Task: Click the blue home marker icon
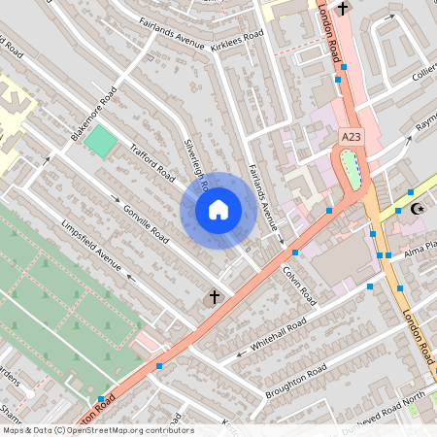218,209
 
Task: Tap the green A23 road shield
352,139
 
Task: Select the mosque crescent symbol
419,209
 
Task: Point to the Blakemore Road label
94,113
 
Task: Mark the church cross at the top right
342,8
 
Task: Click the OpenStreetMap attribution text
97,429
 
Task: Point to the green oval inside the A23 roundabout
352,169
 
